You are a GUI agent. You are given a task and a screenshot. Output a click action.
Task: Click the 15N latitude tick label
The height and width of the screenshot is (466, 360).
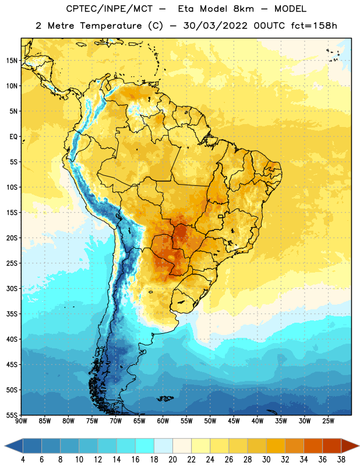12,61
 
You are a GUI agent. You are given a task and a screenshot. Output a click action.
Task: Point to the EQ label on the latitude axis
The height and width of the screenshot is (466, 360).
13,137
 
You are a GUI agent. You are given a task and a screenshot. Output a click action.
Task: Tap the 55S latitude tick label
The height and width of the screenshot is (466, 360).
12,415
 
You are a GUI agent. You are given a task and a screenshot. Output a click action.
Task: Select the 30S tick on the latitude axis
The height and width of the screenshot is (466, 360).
12,288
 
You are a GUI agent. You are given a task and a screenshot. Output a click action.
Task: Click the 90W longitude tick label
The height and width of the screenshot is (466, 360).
21,421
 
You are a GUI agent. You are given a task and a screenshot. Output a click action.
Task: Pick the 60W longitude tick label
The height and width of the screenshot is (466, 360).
163,421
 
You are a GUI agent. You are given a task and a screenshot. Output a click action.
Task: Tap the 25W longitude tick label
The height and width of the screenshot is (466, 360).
328,421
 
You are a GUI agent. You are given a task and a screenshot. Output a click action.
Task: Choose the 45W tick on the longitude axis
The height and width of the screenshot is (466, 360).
234,421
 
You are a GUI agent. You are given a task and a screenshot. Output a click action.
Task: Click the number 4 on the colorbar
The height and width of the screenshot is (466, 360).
23,460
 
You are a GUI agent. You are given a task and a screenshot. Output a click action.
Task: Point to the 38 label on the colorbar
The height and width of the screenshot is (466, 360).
341,460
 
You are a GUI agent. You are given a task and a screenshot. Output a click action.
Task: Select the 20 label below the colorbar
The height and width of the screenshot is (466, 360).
172,460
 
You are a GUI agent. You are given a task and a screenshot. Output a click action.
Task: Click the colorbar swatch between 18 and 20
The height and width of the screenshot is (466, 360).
163,446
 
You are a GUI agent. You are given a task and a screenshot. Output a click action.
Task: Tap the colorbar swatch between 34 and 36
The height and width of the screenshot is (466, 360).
313,446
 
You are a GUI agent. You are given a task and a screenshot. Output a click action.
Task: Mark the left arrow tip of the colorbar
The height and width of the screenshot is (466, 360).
5,446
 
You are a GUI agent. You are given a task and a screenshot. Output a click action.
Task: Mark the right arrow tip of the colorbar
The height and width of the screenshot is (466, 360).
359,446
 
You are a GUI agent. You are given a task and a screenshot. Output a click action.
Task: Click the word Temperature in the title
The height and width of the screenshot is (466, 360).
111,26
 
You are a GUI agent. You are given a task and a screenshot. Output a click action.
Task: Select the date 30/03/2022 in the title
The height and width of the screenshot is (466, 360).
215,26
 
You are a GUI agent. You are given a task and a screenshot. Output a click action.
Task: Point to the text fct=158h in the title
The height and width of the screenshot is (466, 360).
314,26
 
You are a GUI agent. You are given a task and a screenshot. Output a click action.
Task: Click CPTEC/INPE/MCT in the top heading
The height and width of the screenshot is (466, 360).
109,9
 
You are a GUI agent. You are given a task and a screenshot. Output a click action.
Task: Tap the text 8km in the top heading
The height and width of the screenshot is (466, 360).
243,9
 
